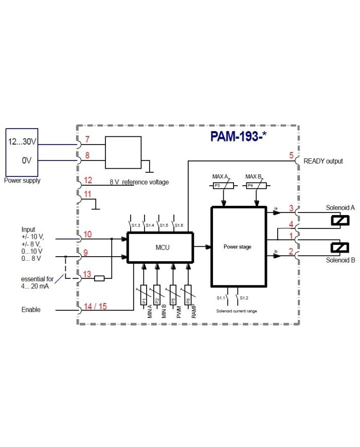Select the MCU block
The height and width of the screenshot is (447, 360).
pyautogui.click(x=160, y=247)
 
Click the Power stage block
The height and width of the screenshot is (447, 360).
pyautogui.click(x=238, y=247)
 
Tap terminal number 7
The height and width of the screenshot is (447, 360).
pyautogui.click(x=87, y=140)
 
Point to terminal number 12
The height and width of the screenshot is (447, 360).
pyautogui.click(x=88, y=180)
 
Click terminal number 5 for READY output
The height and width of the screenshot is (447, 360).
pyautogui.click(x=292, y=155)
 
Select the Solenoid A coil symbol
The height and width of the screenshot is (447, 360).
pyautogui.click(x=340, y=221)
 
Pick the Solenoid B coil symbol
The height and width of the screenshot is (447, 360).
pyautogui.click(x=340, y=247)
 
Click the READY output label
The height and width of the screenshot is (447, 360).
pyautogui.click(x=323, y=161)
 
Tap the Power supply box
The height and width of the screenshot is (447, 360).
pyautogui.click(x=22, y=152)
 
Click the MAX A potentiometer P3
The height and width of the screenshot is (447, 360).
pyautogui.click(x=224, y=186)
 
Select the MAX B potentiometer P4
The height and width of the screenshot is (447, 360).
pyautogui.click(x=256, y=186)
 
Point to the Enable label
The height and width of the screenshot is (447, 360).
pyautogui.click(x=31, y=310)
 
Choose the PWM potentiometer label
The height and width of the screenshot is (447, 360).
pyautogui.click(x=178, y=312)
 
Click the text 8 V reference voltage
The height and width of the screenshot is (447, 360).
pyautogui.click(x=139, y=182)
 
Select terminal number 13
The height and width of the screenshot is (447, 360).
pyautogui.click(x=87, y=274)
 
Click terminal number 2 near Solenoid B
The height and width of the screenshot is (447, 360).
pyautogui.click(x=291, y=252)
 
